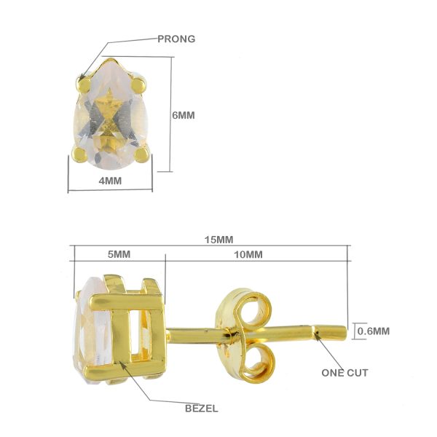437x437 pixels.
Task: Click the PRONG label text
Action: point(176,39)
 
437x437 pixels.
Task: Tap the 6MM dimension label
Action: point(184,115)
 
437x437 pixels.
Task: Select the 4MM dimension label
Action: point(110,181)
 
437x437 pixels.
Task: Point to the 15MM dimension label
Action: point(219,240)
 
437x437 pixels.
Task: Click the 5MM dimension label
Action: point(119,254)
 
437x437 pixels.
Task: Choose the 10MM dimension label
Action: point(248,254)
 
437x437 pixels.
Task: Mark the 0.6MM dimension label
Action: point(374,331)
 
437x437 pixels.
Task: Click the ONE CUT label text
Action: point(345,373)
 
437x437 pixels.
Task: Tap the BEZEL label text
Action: point(202,409)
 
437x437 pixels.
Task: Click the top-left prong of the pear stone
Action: point(84,84)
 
